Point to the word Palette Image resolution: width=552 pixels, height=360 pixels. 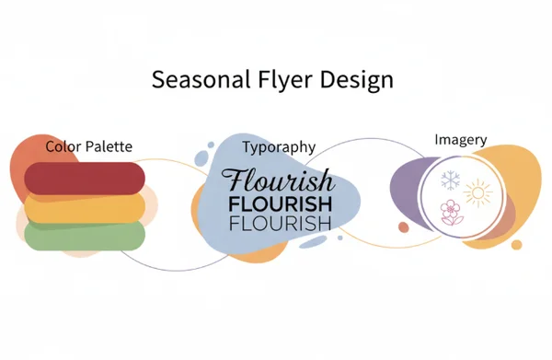click(x=109, y=146)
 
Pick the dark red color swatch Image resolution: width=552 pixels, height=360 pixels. click(x=85, y=177)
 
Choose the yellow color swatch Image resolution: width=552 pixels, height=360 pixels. click(x=85, y=208)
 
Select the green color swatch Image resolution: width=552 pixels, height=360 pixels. click(x=85, y=237)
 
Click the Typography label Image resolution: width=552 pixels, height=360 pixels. click(x=279, y=146)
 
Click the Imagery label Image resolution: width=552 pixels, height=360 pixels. click(x=460, y=140)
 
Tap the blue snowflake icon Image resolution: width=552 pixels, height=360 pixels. click(x=450, y=180)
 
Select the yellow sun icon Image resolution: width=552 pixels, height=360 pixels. click(x=479, y=193)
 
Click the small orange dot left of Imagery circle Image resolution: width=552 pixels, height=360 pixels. click(x=403, y=226)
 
